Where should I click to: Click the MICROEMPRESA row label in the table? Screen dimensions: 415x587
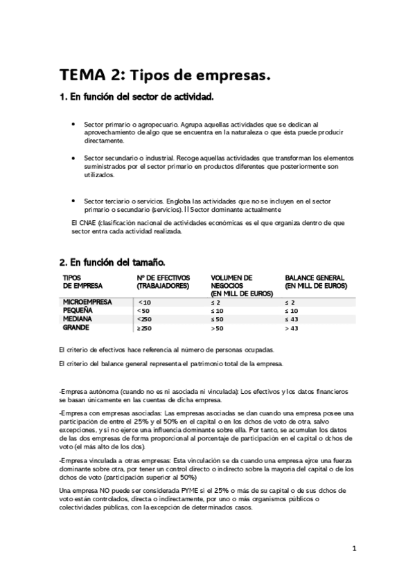point(87,302)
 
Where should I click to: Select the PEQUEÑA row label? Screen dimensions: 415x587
point(78,311)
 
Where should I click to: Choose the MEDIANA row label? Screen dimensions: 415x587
point(78,319)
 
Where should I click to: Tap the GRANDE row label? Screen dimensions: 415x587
point(76,327)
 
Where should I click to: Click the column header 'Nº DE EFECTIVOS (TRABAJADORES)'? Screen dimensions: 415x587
point(163,282)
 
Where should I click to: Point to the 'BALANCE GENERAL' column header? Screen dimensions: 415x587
point(315,282)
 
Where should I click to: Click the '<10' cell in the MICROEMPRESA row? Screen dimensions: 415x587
point(144,302)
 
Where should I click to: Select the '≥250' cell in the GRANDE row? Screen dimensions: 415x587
point(145,327)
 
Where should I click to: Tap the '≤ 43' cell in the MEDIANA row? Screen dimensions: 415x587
point(292,319)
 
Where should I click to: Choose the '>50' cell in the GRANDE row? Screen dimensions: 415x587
point(217,327)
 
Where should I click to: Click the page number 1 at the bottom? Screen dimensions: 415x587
point(354,550)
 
